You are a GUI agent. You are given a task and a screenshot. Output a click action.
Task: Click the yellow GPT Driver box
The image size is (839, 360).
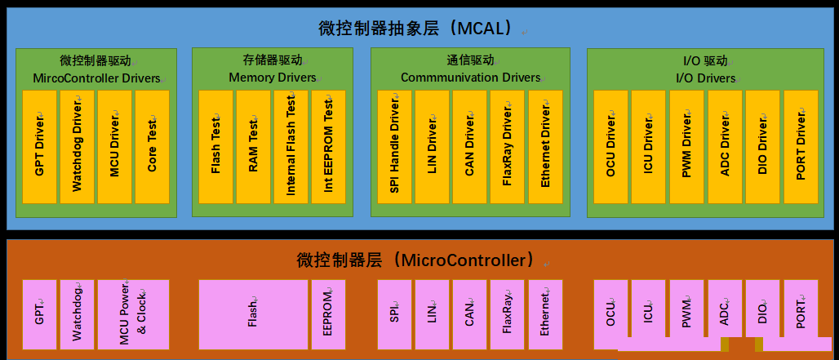[40, 147]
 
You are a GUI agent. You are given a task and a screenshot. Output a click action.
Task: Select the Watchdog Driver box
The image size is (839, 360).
[77, 147]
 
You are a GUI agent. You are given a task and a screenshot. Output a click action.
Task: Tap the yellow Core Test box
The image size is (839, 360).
[152, 147]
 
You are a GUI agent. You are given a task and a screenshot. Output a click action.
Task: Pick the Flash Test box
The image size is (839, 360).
[215, 147]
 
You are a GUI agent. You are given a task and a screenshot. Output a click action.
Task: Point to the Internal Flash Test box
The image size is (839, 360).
[291, 147]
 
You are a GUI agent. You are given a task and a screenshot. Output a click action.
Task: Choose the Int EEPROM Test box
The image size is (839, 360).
[329, 147]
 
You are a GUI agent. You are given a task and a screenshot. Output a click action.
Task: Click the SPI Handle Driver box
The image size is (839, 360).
[394, 147]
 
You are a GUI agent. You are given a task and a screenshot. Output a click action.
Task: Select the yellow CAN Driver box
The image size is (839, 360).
[470, 147]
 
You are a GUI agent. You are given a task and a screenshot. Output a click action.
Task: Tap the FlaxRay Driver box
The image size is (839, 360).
[508, 147]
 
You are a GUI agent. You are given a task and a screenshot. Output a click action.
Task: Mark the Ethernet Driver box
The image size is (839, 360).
[546, 147]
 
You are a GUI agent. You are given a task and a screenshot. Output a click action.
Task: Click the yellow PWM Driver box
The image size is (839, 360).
[687, 147]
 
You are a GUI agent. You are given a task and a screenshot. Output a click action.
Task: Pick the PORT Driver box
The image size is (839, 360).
[801, 147]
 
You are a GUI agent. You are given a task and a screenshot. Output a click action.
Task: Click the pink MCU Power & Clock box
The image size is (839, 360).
[133, 314]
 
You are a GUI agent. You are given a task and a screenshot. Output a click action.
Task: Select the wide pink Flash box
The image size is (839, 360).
[253, 314]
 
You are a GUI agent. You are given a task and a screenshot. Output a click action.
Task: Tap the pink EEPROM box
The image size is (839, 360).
[329, 314]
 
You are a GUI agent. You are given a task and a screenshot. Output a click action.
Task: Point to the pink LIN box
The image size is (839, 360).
[433, 314]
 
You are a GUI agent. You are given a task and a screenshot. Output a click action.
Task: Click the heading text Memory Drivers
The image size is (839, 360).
[273, 78]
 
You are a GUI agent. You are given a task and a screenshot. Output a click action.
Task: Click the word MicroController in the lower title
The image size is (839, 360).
[464, 260]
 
